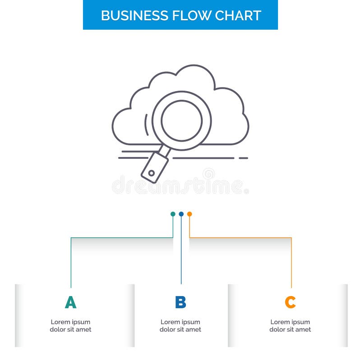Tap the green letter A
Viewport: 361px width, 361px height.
coord(70,302)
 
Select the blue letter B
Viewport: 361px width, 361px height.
coord(180,302)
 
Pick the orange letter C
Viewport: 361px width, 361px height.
coord(290,302)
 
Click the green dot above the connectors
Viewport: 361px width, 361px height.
coord(173,214)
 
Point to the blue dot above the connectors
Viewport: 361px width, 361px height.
coord(181,214)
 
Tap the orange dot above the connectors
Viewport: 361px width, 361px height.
coord(190,214)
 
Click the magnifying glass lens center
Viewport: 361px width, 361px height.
coord(181,120)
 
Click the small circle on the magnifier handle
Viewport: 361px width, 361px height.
coord(152,172)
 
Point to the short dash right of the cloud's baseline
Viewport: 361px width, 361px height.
coord(243,158)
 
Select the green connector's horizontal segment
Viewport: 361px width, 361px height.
coord(122,237)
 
